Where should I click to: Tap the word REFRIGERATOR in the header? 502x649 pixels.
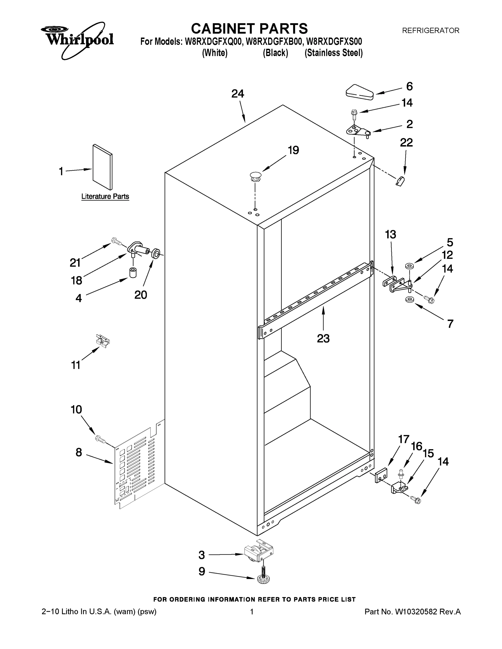coord(430,30)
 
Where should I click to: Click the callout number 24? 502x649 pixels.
coord(238,94)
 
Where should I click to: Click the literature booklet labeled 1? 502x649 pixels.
coord(103,167)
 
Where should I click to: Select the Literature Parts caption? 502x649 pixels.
coord(105,196)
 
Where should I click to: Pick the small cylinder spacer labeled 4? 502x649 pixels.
coord(133,273)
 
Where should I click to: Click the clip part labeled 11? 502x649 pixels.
coord(103,340)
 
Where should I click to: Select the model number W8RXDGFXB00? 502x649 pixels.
coord(274,41)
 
